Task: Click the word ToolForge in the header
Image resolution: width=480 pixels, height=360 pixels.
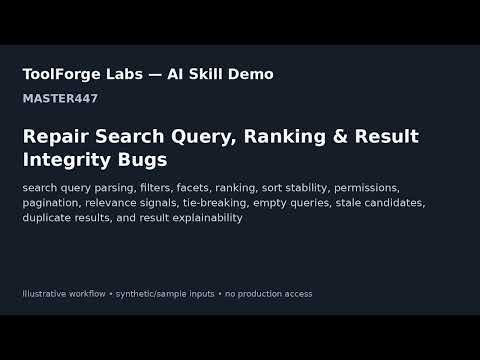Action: coord(61,75)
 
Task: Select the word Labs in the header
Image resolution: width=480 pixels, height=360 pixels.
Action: coord(124,74)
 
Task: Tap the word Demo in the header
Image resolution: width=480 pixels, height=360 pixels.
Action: coord(251,74)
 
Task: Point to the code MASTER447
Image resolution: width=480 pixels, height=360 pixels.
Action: coord(60,98)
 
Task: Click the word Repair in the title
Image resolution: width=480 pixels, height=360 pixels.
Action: coord(56,137)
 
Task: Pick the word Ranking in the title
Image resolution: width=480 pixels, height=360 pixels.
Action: coord(285,137)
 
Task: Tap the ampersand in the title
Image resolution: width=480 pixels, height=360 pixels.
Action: coord(340,136)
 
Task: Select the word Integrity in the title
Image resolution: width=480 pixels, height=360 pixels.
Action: coord(67,160)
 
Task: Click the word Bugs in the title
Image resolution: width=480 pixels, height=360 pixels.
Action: coord(142,160)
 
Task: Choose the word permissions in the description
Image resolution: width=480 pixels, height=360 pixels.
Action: coord(367,188)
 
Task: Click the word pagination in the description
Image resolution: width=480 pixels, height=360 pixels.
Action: coord(50,203)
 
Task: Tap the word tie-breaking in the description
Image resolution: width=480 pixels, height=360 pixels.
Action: coord(216,203)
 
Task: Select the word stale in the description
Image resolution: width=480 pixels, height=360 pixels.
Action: coord(348,203)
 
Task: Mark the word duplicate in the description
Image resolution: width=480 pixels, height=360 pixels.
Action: coord(45,218)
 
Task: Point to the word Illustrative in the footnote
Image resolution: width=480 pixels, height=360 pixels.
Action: coord(44,294)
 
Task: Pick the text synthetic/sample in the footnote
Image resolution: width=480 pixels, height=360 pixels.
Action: coord(151,294)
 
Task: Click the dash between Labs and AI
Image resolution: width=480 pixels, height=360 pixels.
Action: coord(155,75)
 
